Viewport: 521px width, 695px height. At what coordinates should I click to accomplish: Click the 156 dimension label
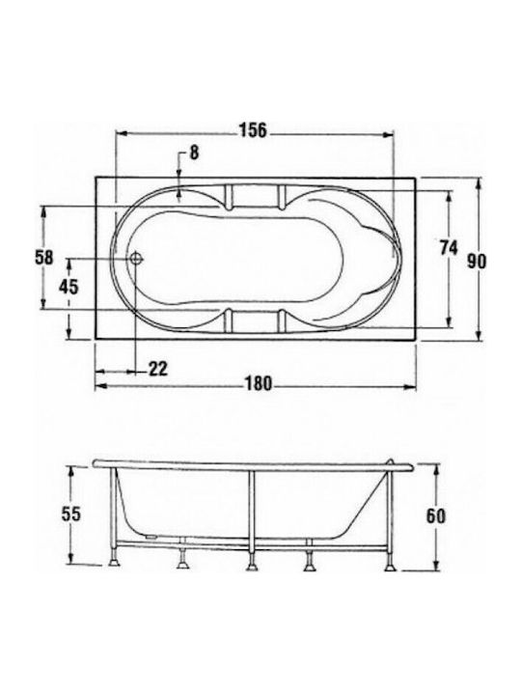click(254, 130)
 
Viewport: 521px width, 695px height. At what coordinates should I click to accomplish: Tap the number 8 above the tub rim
click(194, 153)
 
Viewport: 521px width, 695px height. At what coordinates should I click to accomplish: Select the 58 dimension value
click(43, 258)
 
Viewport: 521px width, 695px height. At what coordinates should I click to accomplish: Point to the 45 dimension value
click(69, 287)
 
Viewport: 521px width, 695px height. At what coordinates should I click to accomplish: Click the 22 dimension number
click(157, 369)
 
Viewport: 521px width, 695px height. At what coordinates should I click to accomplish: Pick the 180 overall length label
click(259, 384)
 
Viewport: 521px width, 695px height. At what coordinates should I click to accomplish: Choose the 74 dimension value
click(449, 247)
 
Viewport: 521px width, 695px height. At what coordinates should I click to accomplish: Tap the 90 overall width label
click(477, 262)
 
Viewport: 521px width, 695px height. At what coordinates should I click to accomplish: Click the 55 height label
click(70, 514)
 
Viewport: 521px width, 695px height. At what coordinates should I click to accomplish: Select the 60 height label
click(436, 515)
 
